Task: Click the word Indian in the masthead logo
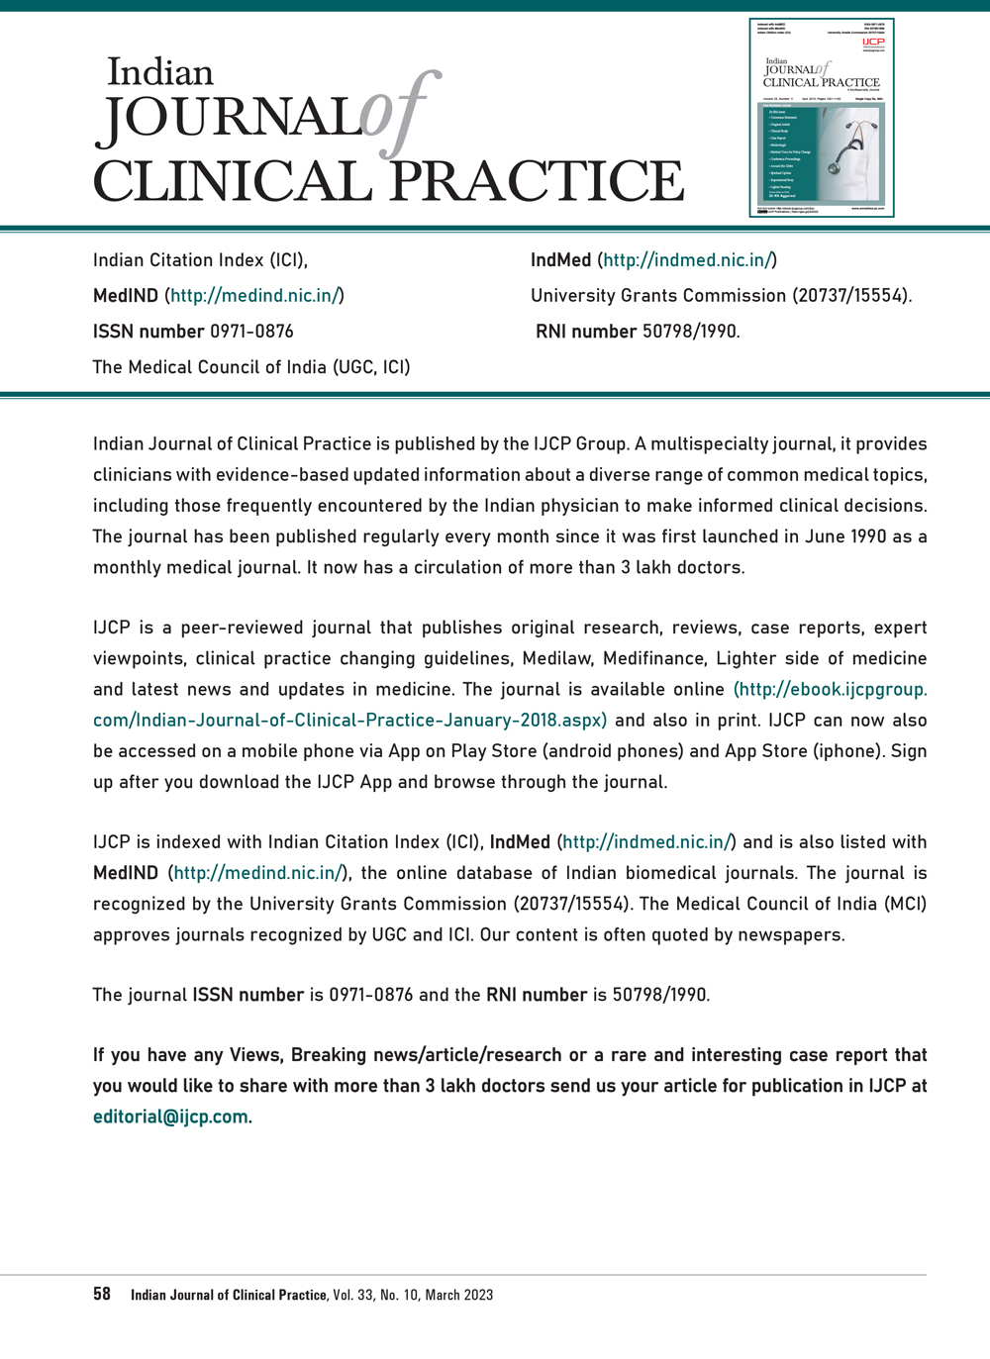159,72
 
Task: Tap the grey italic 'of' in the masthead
397,114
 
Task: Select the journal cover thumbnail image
822,118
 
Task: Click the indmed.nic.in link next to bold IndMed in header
687,260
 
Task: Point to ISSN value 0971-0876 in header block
251,331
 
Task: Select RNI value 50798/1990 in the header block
690,331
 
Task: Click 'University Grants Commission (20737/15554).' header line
721,295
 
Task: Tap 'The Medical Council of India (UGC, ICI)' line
251,366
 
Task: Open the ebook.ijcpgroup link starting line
830,689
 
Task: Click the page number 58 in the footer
102,1294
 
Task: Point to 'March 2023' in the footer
458,1295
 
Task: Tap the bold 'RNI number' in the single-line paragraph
536,995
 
